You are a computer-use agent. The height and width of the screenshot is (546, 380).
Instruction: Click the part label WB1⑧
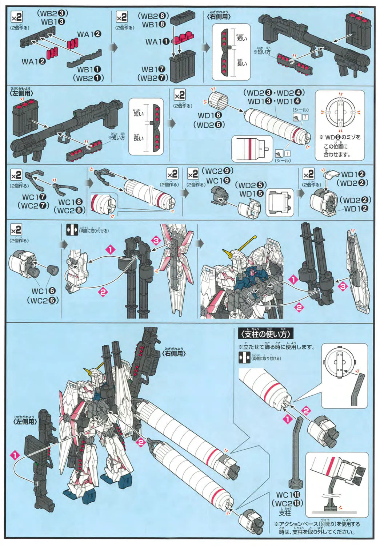coord(154,25)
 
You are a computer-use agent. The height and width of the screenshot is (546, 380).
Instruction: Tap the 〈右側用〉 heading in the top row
coord(219,16)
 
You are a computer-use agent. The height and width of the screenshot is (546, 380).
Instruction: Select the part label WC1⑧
coord(70,202)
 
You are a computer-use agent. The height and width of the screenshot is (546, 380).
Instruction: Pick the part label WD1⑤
coord(251,194)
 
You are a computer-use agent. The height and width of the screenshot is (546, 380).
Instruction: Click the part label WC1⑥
coord(43,291)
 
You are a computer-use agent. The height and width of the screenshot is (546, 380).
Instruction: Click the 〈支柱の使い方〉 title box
coord(265,333)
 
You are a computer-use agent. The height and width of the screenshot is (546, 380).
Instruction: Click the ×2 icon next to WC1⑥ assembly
coord(16,230)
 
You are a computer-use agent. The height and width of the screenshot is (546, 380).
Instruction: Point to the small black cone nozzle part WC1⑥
coord(52,270)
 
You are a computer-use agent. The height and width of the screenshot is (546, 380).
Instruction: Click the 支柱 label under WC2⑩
coord(285,513)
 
